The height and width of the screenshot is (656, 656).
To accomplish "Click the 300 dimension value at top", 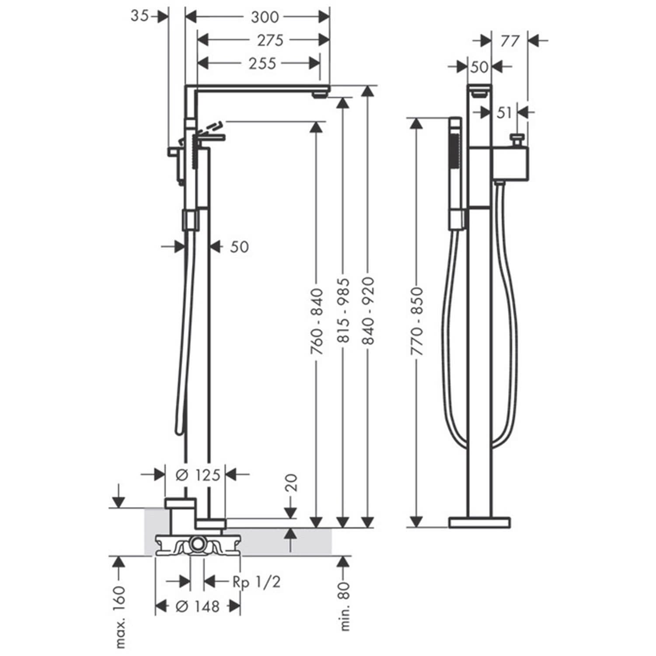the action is (x=265, y=17).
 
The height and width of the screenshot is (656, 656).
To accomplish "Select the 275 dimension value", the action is (x=270, y=40).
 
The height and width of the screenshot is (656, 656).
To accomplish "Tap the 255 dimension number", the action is (x=262, y=63).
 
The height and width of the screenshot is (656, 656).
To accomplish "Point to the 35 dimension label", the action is (x=140, y=16).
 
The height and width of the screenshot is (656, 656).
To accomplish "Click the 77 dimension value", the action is (x=509, y=41).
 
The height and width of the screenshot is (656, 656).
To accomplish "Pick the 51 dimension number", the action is (x=504, y=113).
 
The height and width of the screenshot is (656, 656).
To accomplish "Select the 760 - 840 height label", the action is (x=317, y=321).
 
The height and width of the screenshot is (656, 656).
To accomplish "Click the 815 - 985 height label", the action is (x=343, y=310).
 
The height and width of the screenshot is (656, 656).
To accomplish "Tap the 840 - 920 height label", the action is (x=368, y=310).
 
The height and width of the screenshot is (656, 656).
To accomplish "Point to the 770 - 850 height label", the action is (x=416, y=321).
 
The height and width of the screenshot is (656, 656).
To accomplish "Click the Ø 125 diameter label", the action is (x=198, y=475).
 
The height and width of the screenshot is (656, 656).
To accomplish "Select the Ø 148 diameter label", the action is (x=197, y=607).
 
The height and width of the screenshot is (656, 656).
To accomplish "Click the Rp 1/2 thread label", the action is (x=256, y=582).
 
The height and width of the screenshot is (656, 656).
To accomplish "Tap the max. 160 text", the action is (x=120, y=617).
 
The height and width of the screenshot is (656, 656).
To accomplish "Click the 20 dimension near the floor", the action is (x=291, y=483).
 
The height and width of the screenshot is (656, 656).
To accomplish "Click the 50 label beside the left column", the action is (x=239, y=247).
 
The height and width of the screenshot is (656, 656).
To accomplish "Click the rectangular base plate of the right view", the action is (x=479, y=523).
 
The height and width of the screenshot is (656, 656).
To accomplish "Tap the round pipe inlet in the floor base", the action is (x=198, y=545).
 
